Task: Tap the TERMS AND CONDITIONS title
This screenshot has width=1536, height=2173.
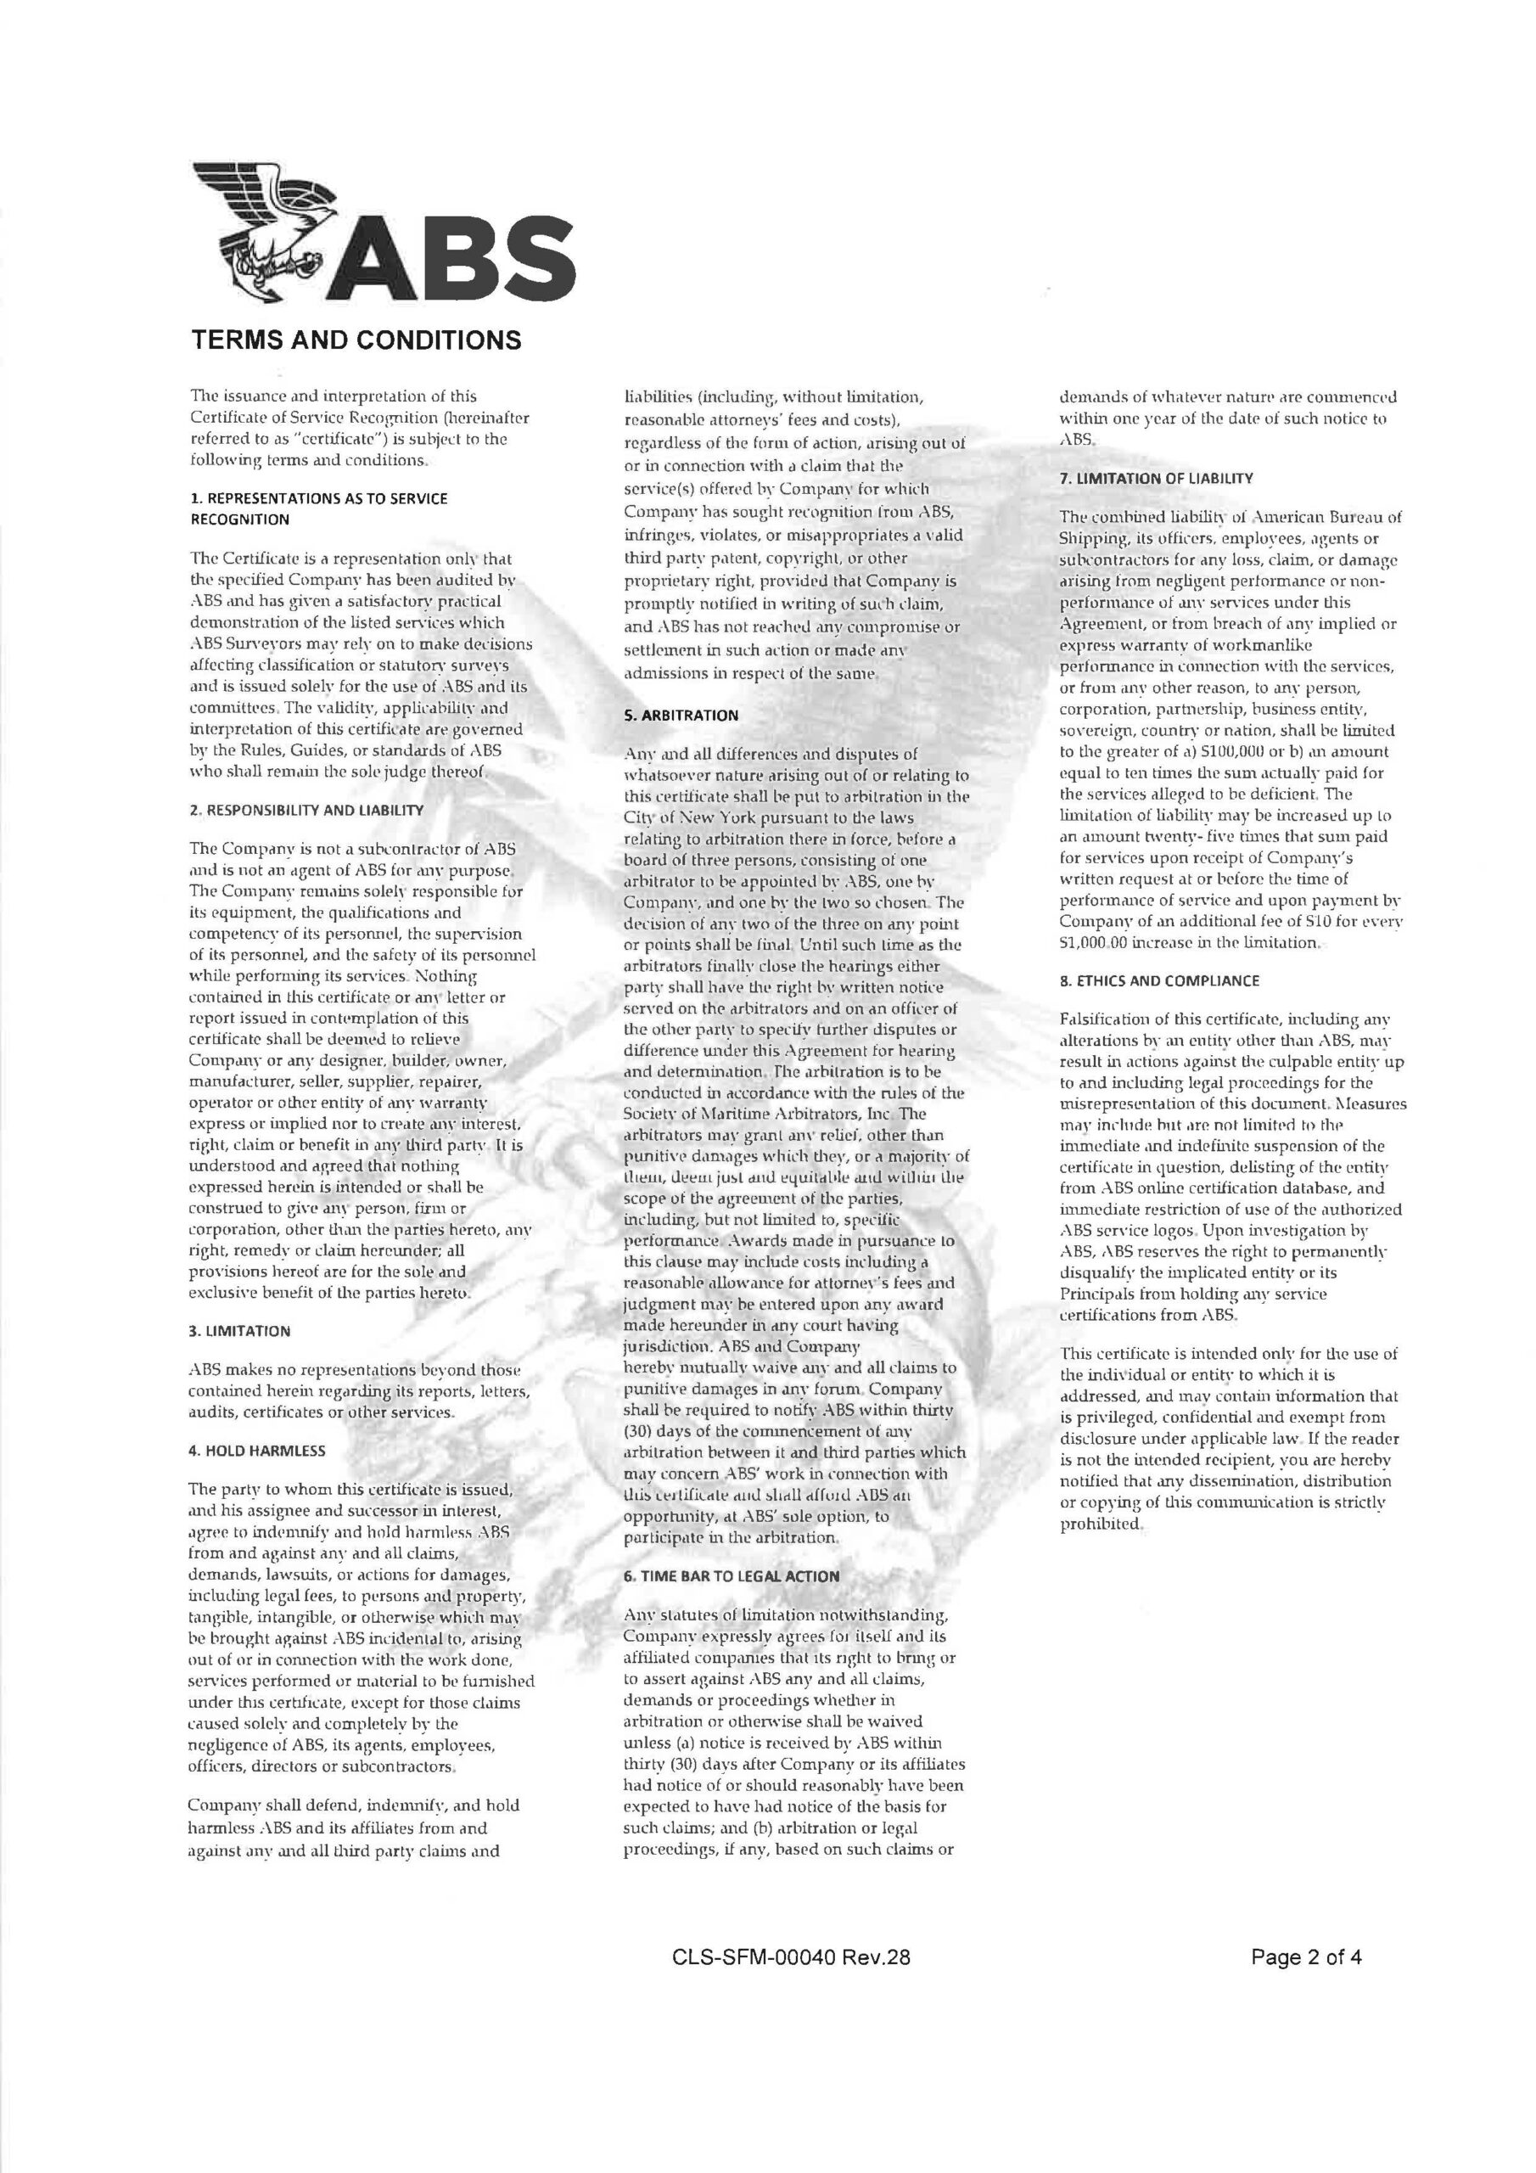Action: point(356,340)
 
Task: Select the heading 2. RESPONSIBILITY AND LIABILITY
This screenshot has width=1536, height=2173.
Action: point(306,810)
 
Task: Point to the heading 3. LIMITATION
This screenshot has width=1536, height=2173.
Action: point(239,1331)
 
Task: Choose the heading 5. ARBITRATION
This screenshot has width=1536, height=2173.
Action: point(681,716)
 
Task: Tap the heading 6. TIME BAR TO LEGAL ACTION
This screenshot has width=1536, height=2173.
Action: point(732,1575)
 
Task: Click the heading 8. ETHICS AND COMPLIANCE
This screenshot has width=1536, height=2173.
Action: point(1159,980)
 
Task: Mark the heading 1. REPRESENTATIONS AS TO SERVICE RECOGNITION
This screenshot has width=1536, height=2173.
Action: point(319,508)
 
